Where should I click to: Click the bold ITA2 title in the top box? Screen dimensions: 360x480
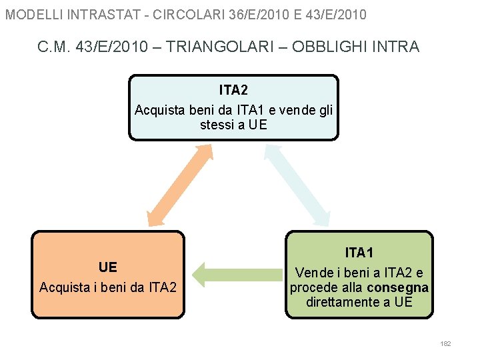tap(233, 90)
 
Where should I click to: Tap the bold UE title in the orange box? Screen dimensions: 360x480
tap(107, 267)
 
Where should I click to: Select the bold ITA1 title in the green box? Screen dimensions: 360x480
tap(359, 253)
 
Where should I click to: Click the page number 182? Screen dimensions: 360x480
tap(446, 343)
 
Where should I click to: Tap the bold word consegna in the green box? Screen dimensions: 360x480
tap(397, 287)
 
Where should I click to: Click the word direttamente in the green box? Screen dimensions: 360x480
tap(339, 302)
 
